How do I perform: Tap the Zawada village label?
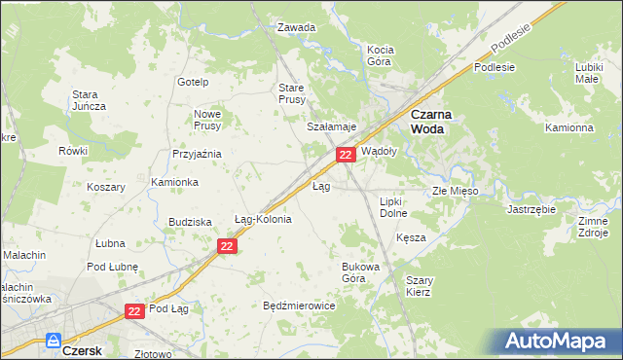pos(297,27)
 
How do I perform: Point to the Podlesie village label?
pos(494,67)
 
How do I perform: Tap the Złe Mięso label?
pos(456,191)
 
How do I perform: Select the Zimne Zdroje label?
pos(593,227)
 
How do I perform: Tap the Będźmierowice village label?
pos(299,305)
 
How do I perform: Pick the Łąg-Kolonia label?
pos(263,219)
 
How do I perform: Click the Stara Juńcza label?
pos(89,101)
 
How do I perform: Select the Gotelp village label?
pos(194,81)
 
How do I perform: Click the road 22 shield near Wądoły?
pos(345,155)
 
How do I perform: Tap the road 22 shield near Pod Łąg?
pos(135,310)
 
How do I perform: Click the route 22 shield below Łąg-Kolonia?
pos(227,247)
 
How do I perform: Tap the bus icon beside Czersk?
pos(52,342)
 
